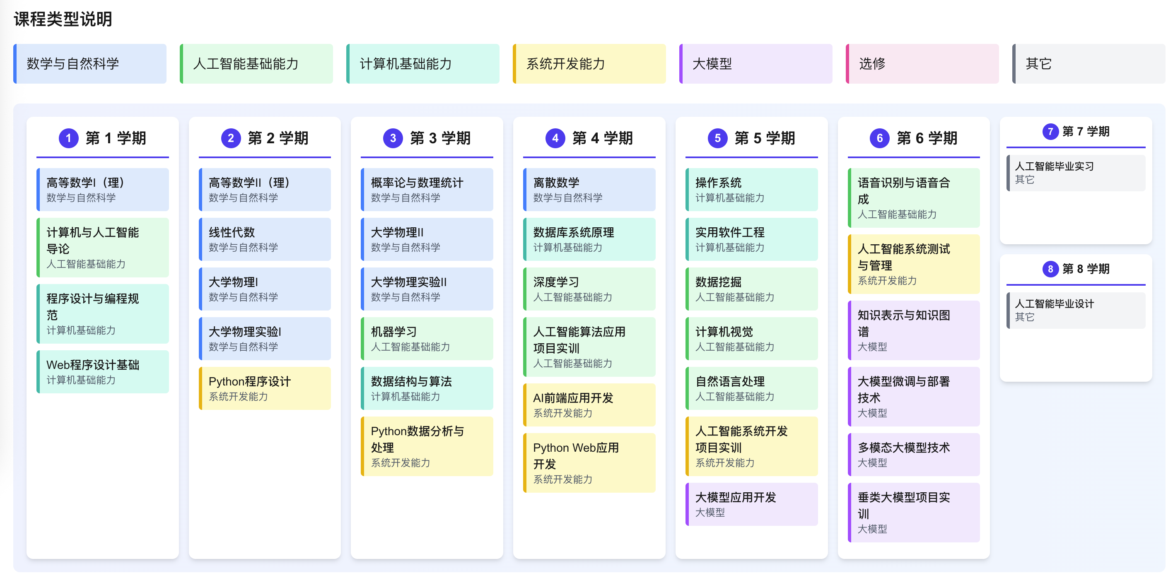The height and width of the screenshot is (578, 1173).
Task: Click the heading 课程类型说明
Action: point(63,19)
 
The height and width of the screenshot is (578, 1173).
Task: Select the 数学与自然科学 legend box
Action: point(90,64)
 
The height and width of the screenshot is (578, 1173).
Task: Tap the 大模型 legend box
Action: point(755,64)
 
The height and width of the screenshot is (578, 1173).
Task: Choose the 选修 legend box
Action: point(922,64)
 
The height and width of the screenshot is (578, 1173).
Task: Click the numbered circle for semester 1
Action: point(68,138)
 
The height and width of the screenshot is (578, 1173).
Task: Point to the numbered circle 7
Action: point(1050,132)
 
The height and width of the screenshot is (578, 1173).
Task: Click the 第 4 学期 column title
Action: point(602,138)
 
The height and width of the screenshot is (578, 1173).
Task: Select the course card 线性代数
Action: point(265,239)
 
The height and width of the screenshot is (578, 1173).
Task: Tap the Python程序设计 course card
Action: point(265,388)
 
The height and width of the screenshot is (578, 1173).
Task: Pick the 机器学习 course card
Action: point(427,339)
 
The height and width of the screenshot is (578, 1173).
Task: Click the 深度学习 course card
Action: point(589,289)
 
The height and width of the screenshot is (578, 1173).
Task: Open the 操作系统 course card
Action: point(751,189)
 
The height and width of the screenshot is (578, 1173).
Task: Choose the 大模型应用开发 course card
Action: point(751,504)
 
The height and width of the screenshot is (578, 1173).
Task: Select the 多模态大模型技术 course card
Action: point(913,454)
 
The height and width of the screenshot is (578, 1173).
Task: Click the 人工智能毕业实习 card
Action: point(1076,173)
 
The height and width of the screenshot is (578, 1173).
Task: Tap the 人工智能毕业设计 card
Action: point(1076,310)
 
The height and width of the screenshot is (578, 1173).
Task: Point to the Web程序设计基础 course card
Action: point(102,371)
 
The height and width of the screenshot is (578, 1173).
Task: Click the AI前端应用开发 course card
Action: point(589,405)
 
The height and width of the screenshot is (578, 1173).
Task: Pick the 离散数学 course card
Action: point(589,189)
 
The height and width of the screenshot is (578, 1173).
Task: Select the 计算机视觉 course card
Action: point(751,339)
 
